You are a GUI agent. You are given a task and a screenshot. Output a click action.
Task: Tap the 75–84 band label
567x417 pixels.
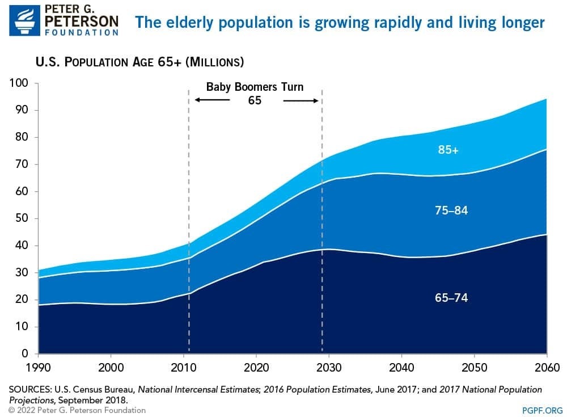pyautogui.click(x=451, y=210)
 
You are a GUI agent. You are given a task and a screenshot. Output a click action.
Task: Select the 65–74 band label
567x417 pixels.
pyautogui.click(x=451, y=297)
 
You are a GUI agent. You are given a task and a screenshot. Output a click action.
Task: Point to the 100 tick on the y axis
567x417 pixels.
pyautogui.click(x=19, y=83)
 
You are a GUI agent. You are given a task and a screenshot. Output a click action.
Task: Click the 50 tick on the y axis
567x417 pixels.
pyautogui.click(x=22, y=218)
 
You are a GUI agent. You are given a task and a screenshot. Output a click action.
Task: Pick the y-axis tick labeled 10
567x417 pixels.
pyautogui.click(x=22, y=327)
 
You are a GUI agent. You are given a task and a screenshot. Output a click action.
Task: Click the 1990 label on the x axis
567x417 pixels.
pyautogui.click(x=37, y=366)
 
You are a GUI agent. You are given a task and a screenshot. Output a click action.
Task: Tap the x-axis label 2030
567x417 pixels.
pyautogui.click(x=329, y=366)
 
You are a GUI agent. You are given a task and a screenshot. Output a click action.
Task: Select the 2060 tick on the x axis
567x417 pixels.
pyautogui.click(x=546, y=366)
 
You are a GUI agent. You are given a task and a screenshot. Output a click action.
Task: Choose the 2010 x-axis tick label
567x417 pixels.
pyautogui.click(x=183, y=366)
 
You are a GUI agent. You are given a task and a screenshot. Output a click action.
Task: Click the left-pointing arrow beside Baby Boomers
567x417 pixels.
pyautogui.click(x=212, y=100)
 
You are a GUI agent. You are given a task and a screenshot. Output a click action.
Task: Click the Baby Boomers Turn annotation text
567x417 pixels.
pyautogui.click(x=255, y=87)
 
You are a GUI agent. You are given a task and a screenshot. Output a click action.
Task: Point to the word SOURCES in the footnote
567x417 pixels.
pyautogui.click(x=29, y=390)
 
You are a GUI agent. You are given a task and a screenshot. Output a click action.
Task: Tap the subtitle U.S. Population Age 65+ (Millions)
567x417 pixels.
pyautogui.click(x=139, y=61)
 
